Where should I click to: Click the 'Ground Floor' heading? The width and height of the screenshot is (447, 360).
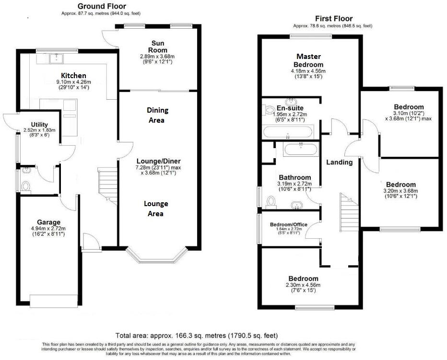point(102,6)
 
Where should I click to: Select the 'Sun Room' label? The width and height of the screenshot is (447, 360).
point(157,46)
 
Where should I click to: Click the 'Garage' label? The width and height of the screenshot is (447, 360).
point(49,222)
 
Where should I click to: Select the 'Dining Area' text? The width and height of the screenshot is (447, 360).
point(157,115)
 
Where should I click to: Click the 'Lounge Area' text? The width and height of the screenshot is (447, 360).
point(156,208)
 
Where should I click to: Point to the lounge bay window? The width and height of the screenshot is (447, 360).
point(155,258)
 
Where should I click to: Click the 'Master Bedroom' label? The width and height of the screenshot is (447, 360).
point(309,60)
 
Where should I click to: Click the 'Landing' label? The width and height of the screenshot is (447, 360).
point(339,162)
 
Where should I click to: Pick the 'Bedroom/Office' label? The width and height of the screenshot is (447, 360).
point(288,224)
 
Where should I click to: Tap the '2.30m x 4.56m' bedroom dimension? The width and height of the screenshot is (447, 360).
point(303,285)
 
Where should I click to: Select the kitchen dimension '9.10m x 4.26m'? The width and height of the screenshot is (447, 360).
point(73,82)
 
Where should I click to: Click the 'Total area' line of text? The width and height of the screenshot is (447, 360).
point(197,336)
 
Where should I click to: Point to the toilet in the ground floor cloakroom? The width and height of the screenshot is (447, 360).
point(26,186)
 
